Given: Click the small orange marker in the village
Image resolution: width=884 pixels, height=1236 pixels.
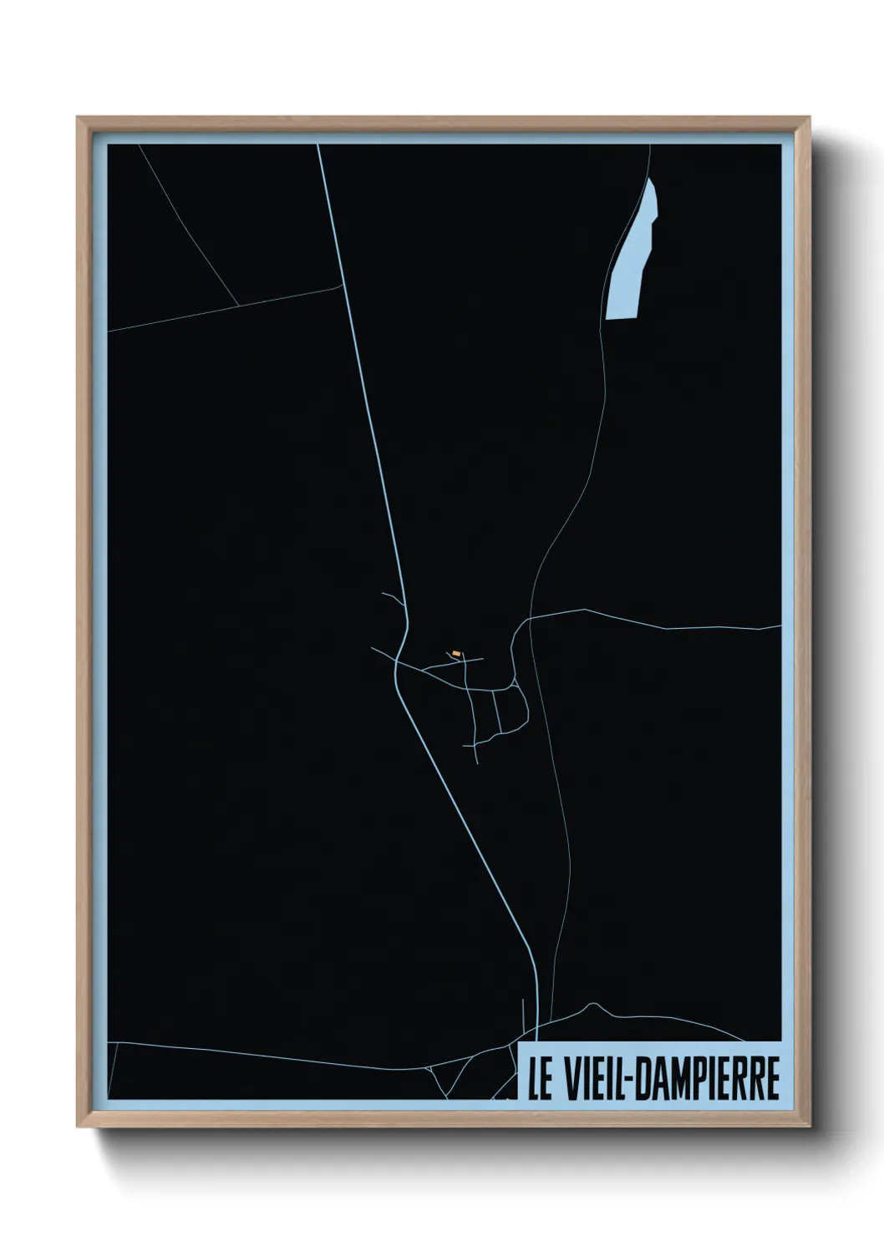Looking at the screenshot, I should [x=455, y=653].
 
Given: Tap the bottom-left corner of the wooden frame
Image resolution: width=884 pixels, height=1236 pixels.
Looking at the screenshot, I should [x=79, y=1126].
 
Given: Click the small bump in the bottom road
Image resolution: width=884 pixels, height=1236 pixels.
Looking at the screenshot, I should [x=592, y=1005].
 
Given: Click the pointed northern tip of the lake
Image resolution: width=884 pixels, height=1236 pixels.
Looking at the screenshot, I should [x=650, y=179].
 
